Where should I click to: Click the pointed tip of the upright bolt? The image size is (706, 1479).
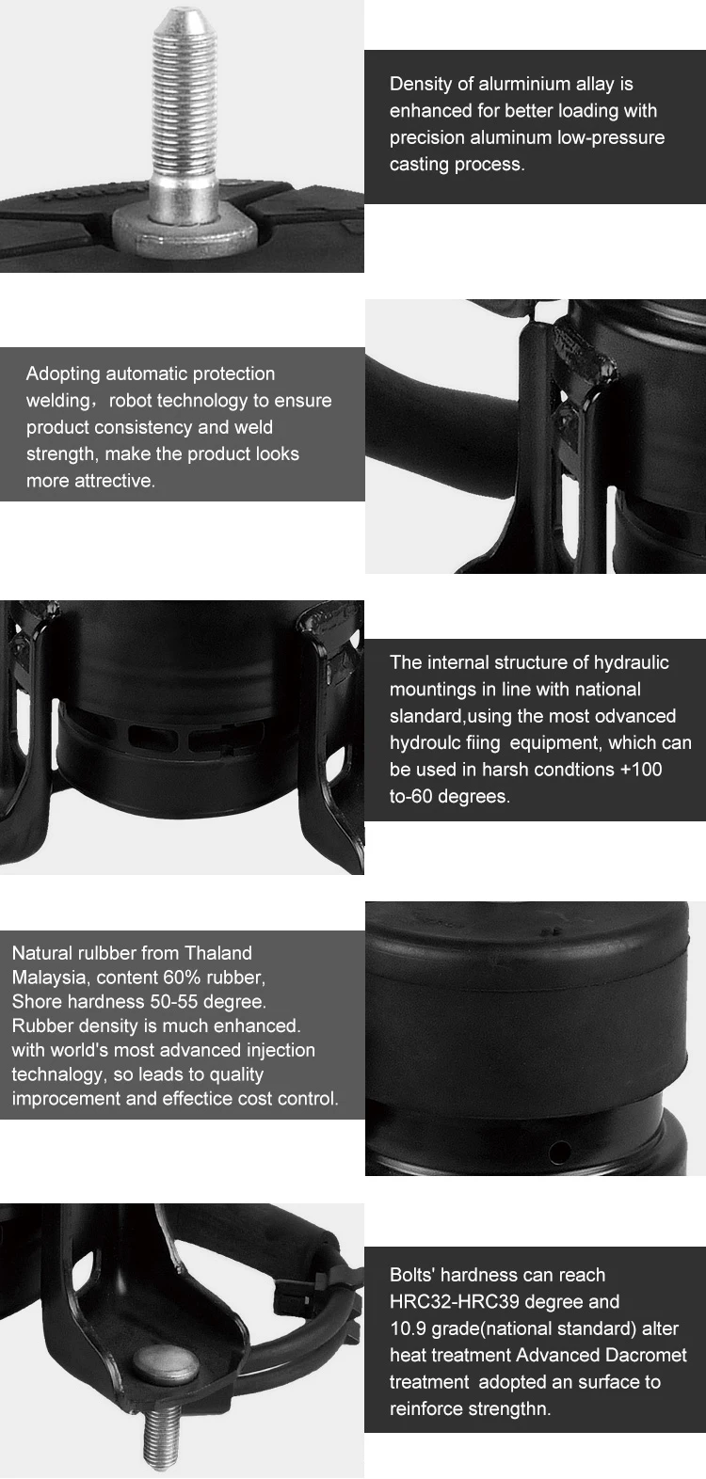[x=178, y=10]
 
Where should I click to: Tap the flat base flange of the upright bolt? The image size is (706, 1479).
[x=184, y=231]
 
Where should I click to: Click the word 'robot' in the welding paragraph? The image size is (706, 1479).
[x=130, y=401]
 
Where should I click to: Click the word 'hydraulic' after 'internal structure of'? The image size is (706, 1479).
[x=632, y=663]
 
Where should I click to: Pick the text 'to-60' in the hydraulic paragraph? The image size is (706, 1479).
[x=410, y=797]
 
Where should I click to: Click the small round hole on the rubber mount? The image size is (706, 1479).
[x=559, y=1151]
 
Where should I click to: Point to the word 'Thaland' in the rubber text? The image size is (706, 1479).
[x=218, y=953]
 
